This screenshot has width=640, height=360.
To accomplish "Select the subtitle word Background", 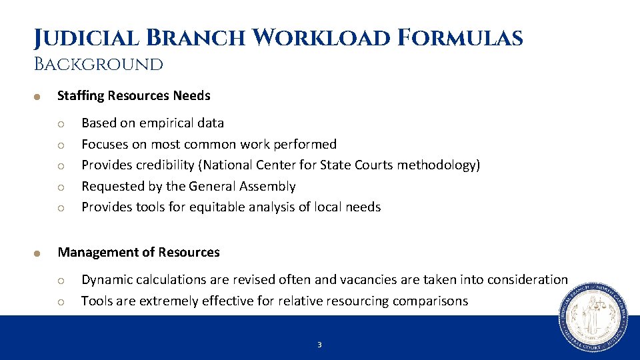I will click(x=99, y=65).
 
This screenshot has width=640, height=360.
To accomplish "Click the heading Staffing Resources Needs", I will click(x=133, y=95).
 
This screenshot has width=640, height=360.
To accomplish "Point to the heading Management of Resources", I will click(x=139, y=252).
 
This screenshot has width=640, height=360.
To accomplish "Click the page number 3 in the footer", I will click(x=319, y=345).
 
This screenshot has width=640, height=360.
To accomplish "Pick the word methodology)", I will click(x=438, y=165).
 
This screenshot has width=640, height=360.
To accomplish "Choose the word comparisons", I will click(x=430, y=301).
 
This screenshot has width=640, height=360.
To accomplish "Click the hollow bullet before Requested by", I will click(x=60, y=187).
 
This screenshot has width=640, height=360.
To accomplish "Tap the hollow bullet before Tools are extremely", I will click(x=60, y=301).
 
